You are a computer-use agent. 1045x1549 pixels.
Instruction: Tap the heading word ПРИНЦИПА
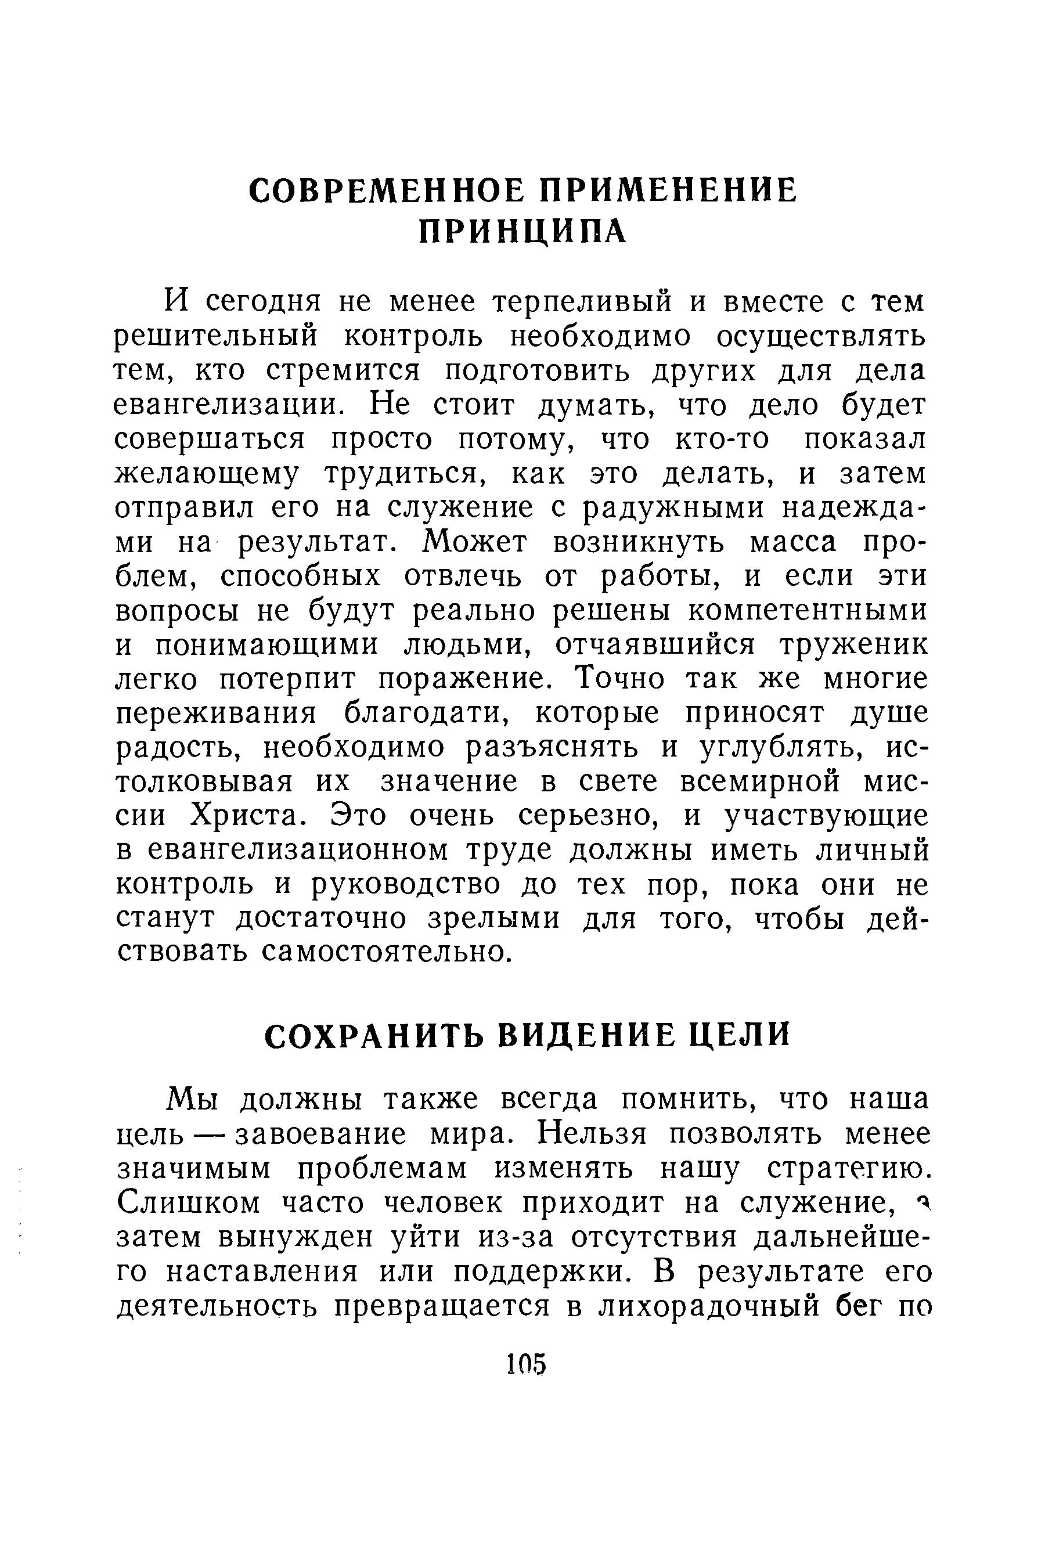point(522,231)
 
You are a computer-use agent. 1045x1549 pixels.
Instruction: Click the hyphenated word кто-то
point(723,440)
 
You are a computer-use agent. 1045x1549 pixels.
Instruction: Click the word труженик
point(853,645)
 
